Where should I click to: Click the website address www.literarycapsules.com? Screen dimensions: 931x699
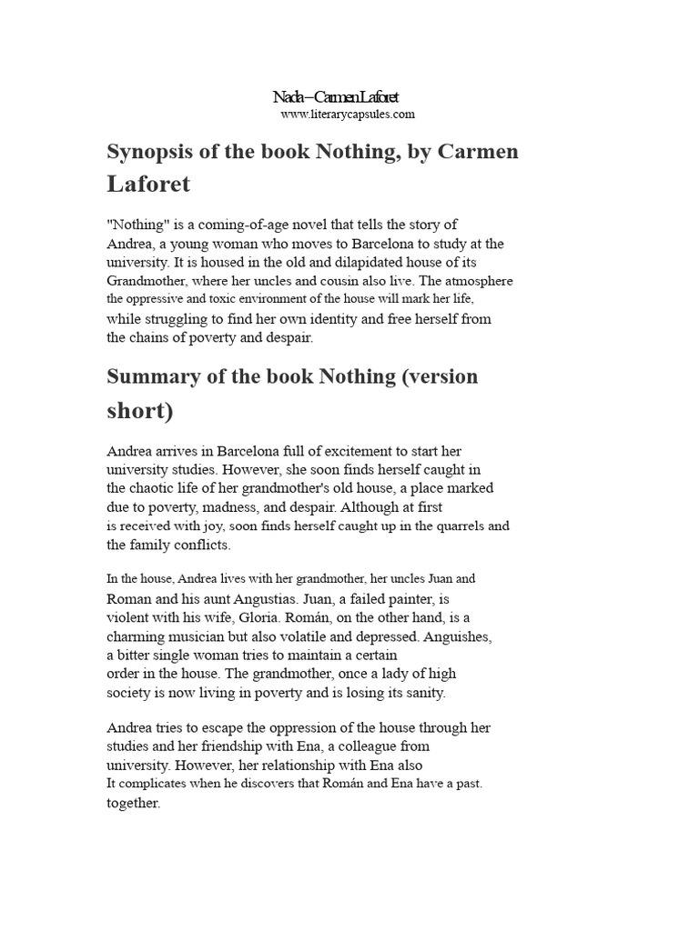click(335, 115)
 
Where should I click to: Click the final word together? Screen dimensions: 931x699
click(133, 804)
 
